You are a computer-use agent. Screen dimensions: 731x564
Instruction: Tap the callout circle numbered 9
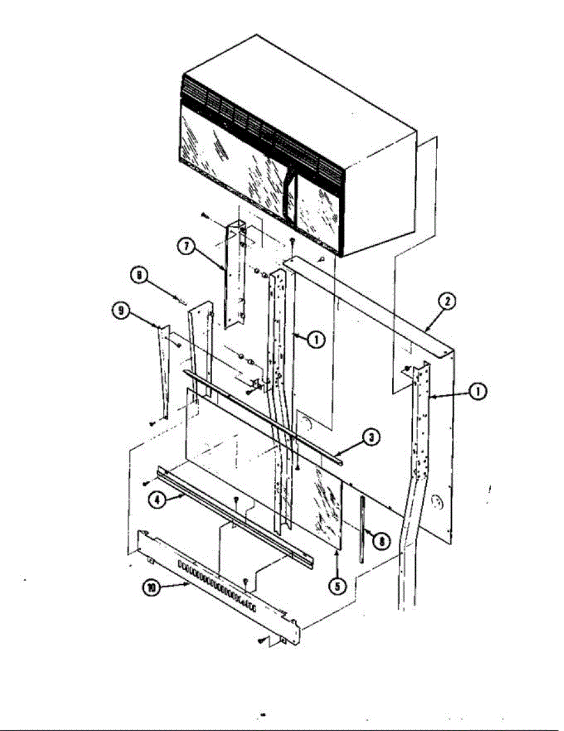(x=121, y=311)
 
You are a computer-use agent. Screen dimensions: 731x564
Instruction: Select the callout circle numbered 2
(x=448, y=300)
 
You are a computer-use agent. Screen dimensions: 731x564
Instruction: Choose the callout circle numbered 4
(x=157, y=500)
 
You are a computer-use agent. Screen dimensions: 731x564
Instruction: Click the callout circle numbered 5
(x=337, y=585)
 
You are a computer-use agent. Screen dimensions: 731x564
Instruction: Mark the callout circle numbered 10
(x=151, y=588)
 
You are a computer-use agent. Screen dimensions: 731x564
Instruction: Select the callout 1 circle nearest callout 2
(x=479, y=393)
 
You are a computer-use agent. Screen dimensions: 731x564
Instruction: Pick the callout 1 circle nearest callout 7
(x=316, y=341)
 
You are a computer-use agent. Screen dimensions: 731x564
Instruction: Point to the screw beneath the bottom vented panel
(x=262, y=640)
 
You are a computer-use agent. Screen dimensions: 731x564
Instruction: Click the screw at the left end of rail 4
(x=146, y=483)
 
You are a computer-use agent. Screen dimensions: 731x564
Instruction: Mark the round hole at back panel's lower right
(x=435, y=502)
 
